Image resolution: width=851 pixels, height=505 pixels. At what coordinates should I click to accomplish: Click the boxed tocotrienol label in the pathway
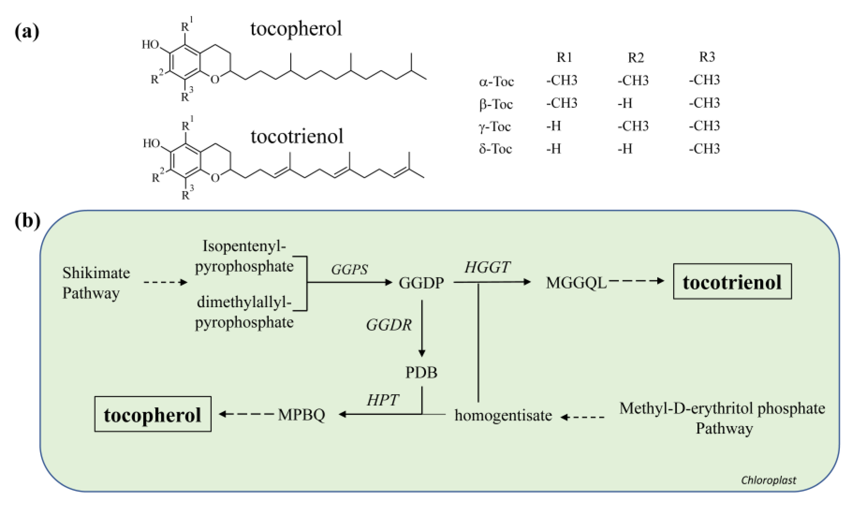tap(732, 282)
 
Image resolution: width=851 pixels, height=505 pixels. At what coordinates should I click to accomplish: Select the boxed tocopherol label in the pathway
tap(153, 415)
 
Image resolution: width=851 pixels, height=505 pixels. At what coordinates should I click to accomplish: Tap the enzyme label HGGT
tap(487, 268)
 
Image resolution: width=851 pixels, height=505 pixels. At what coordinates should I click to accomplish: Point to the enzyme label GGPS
tap(349, 269)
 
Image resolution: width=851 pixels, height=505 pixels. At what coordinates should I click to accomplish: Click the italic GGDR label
tap(389, 325)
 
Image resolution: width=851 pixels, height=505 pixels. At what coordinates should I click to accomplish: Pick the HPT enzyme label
tap(382, 400)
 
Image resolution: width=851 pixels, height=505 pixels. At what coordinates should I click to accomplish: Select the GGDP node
tap(421, 283)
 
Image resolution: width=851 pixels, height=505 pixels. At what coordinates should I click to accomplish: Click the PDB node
tap(421, 372)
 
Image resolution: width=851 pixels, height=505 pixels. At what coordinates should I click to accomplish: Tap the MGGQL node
tap(576, 283)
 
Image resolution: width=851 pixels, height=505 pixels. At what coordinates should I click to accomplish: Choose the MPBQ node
tap(301, 415)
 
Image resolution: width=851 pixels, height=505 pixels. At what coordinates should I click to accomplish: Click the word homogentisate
tap(503, 415)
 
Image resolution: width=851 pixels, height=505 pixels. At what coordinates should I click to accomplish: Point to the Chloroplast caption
tap(768, 480)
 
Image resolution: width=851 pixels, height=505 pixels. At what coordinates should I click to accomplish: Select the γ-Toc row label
tap(495, 127)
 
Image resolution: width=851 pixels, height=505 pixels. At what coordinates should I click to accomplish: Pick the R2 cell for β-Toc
tap(625, 103)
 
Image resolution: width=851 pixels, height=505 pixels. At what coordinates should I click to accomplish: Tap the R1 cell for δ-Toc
tap(554, 149)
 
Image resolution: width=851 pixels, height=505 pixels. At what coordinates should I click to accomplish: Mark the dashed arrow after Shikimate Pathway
tap(165, 282)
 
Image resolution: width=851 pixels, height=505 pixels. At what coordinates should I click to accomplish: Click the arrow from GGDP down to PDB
tap(422, 328)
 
